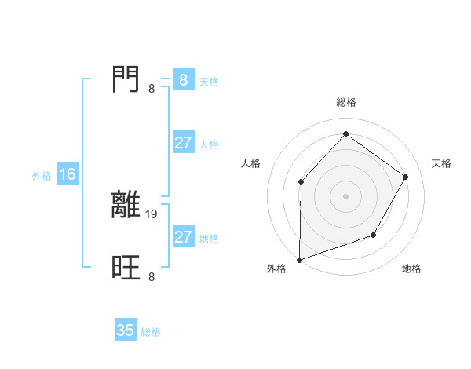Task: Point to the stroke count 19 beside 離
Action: point(152,214)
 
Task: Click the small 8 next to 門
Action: point(152,89)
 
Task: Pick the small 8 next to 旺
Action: point(152,277)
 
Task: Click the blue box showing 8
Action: point(183,80)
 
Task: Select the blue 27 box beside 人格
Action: point(183,143)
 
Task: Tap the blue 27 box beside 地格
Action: point(183,237)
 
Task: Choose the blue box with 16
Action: point(68,174)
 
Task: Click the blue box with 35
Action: point(126,331)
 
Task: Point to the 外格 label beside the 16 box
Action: point(42,176)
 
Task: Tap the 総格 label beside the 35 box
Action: point(151,332)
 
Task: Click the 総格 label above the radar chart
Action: point(345,102)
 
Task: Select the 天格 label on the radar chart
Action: point(442,163)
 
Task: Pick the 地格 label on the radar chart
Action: point(411,269)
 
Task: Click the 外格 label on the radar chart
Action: point(276,269)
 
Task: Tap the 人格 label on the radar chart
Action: point(250,163)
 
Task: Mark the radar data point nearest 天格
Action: point(405,177)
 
